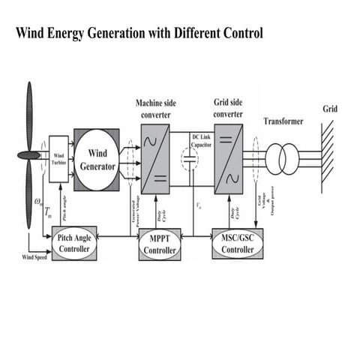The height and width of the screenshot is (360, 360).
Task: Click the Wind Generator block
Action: pos(95,158)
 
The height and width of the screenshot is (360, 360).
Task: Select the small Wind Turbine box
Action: pos(58,158)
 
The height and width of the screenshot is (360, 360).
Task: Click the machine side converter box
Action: pos(155,158)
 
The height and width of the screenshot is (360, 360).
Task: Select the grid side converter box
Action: pos(229,158)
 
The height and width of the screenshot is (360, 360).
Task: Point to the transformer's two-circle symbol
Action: pos(283,158)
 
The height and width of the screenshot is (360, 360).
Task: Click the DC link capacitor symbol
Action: pos(190,159)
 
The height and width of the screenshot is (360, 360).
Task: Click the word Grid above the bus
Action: pos(330,109)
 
